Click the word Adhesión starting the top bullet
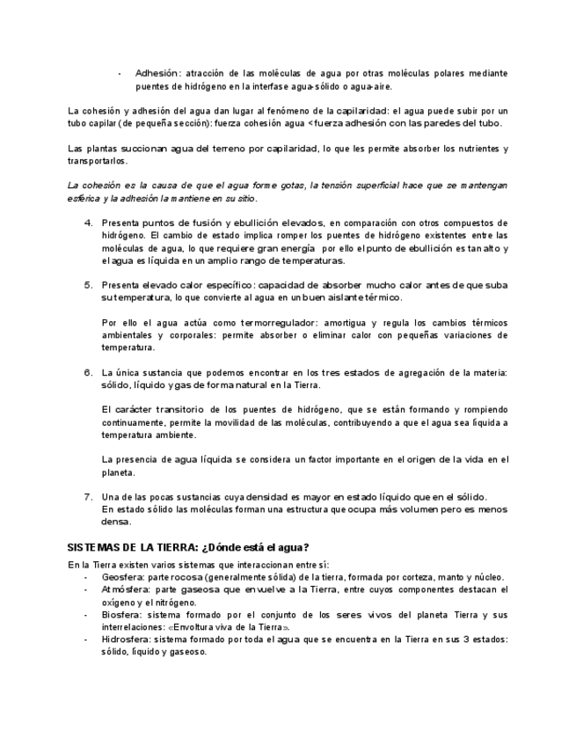coord(156,73)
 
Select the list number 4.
coord(89,223)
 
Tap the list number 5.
coord(89,285)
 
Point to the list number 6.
coord(89,372)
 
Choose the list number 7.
coord(89,496)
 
